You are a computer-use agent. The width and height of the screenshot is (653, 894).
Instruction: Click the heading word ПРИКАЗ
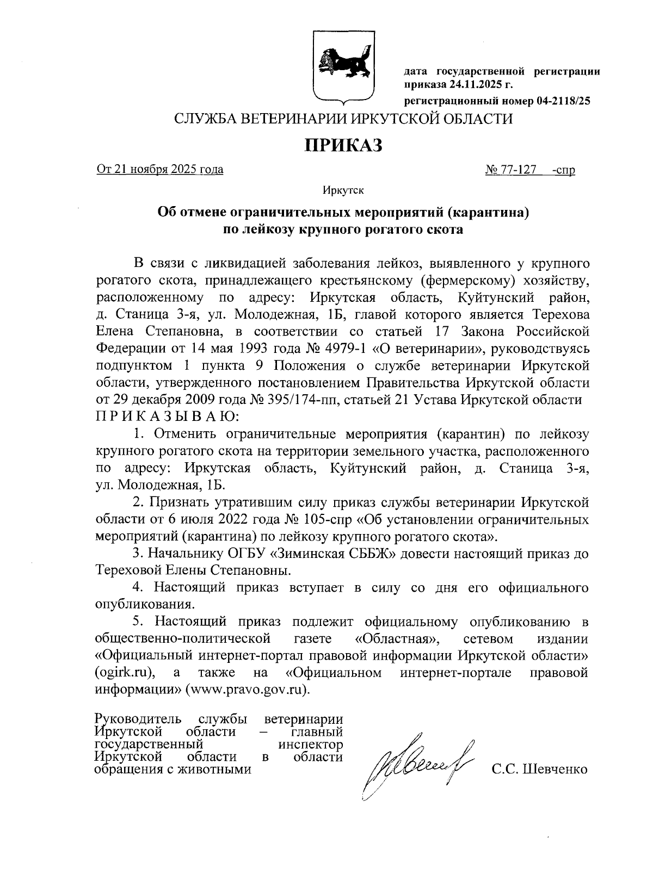click(x=343, y=145)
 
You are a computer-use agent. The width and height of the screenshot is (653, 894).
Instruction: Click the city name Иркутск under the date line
click(x=342, y=190)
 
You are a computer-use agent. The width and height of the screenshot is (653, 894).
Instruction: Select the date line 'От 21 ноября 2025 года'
click(x=160, y=170)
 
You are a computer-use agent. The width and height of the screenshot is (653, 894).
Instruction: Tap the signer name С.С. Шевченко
click(x=539, y=769)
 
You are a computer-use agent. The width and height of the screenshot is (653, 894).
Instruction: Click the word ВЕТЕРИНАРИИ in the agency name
click(x=294, y=119)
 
